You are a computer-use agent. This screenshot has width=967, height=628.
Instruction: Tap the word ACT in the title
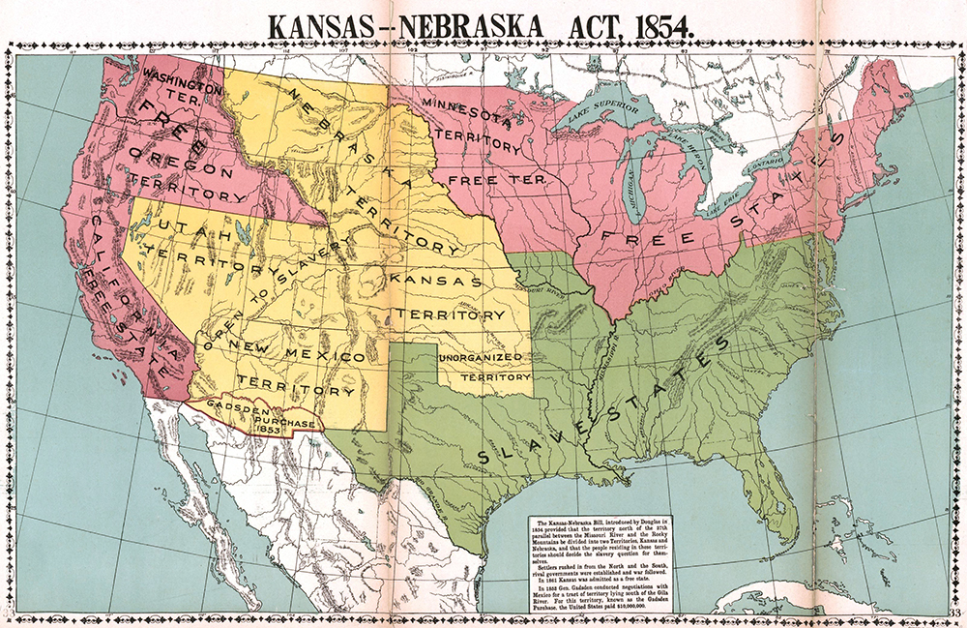[x=585, y=25]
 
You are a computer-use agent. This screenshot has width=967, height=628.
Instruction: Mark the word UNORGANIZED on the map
[x=482, y=359]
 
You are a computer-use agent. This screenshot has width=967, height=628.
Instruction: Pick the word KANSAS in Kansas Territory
[x=434, y=281]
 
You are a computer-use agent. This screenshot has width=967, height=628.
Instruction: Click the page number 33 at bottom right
[x=953, y=613]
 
